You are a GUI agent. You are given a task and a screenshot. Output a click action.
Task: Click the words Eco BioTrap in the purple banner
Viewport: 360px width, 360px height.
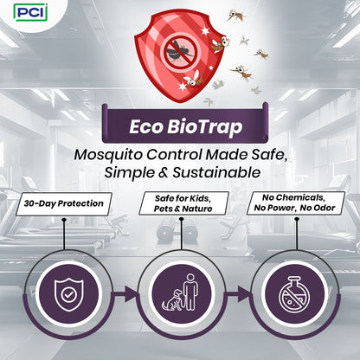coord(180,125)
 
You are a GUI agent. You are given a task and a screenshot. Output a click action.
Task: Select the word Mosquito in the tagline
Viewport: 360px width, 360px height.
coord(110,154)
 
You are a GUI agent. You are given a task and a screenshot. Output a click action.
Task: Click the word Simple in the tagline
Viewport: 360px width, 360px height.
coord(129,172)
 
